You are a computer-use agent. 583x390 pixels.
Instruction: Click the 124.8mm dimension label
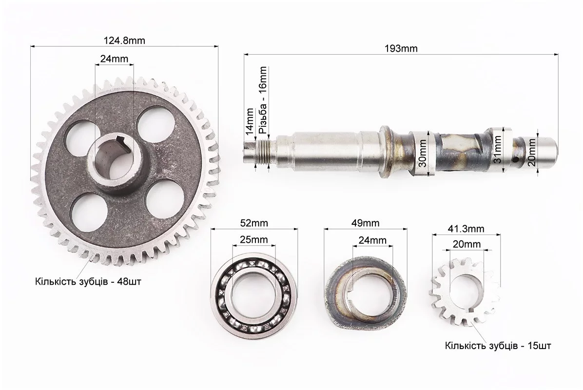[x=124, y=40]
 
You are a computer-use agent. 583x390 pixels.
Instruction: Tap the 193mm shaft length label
[x=401, y=48]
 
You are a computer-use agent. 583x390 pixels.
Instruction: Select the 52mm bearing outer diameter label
[x=254, y=223]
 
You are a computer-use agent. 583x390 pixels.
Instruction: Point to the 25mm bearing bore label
[x=254, y=240]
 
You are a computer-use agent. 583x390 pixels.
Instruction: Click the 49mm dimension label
[x=366, y=223]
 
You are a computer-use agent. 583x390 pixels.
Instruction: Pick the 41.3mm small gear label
[x=466, y=229]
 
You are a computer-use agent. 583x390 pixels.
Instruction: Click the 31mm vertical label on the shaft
[x=497, y=150]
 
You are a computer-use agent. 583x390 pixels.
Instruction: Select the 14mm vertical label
[x=250, y=121]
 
